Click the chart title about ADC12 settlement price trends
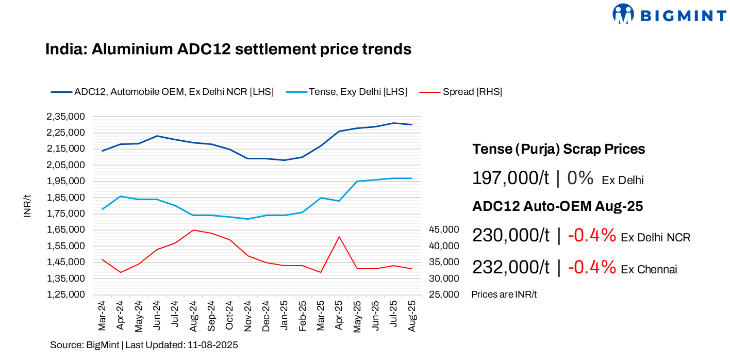point(228,50)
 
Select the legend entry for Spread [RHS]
point(472,92)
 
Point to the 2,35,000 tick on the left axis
point(65,117)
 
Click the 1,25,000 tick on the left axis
point(65,294)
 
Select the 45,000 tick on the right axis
point(443,230)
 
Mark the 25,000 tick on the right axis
point(443,294)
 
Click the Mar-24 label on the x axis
point(102,315)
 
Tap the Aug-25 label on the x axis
point(412,315)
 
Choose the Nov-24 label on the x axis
point(248,315)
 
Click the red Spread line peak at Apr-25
point(339,237)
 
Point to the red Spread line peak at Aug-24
point(193,230)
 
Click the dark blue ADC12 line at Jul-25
point(394,123)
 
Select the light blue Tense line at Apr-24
point(120,197)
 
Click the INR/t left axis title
point(27,206)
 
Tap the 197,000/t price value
point(510,178)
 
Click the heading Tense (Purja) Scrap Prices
point(558,150)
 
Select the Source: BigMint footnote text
point(144,345)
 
